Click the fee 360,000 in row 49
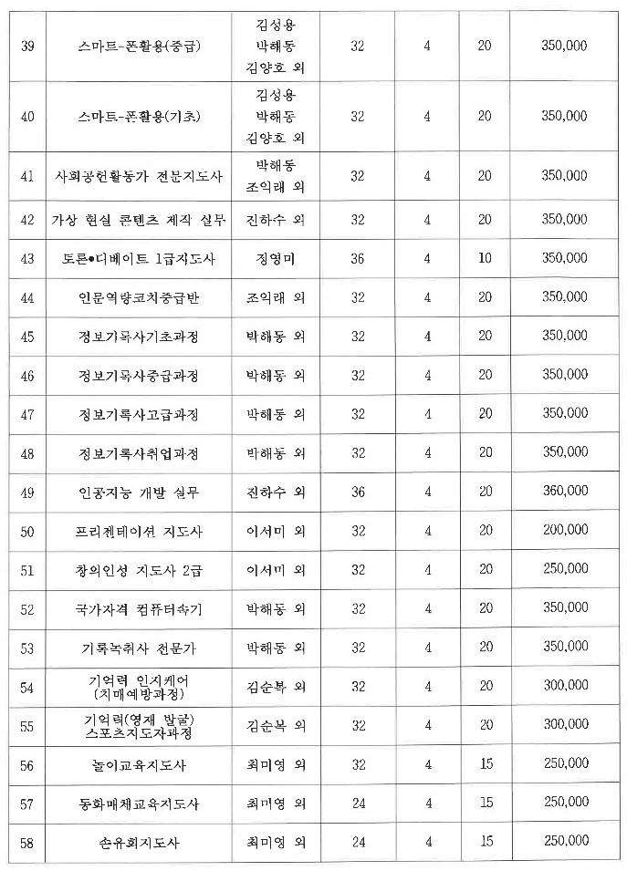[x=564, y=493]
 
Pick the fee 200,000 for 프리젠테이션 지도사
[x=564, y=531]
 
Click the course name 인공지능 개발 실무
[x=139, y=493]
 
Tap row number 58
[x=27, y=843]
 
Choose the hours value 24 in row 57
[x=358, y=804]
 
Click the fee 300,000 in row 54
[x=564, y=687]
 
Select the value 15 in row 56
[x=485, y=764]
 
